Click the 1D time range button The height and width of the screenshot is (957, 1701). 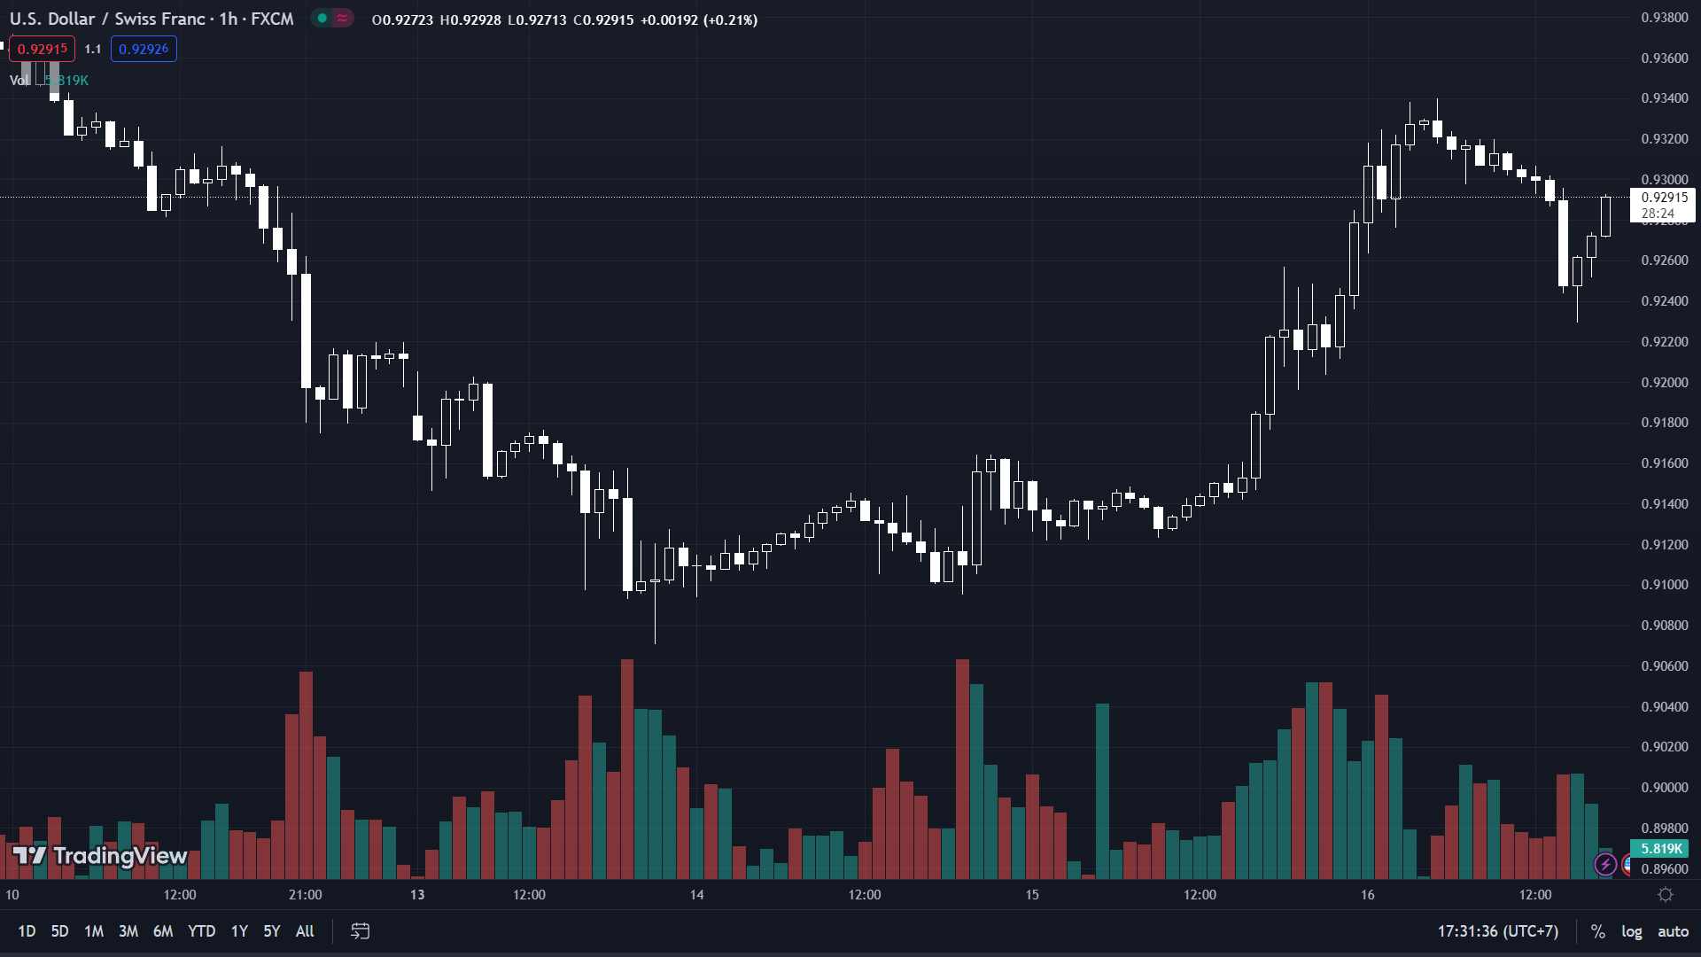[27, 931]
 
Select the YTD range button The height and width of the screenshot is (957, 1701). [201, 931]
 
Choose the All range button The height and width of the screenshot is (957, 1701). [305, 931]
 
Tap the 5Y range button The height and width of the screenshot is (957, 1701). [271, 931]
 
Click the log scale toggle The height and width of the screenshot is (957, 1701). [1631, 931]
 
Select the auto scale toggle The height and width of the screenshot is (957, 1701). [1673, 931]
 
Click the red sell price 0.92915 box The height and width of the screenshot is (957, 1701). [43, 50]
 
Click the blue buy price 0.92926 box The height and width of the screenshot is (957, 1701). [144, 50]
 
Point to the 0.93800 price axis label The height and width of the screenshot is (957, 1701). [1665, 18]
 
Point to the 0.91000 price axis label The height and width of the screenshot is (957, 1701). [1665, 585]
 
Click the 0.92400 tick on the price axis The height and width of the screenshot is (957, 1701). [1665, 301]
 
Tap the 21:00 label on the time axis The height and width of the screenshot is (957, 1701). [306, 895]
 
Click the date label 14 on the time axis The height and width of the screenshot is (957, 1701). [697, 895]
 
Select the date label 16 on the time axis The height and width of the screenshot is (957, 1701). [1368, 895]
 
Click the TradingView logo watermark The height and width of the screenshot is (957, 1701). [100, 855]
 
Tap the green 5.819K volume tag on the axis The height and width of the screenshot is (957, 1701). [1660, 849]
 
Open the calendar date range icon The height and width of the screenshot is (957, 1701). [360, 931]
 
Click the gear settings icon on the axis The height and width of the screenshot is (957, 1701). [1666, 895]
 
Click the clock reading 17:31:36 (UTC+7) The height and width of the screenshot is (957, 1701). [1497, 931]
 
